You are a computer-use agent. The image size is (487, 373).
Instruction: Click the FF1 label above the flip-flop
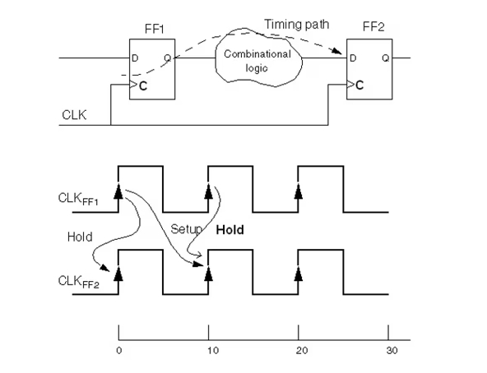point(154,29)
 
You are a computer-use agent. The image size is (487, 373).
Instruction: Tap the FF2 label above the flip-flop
point(373,27)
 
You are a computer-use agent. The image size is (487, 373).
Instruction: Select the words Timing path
point(296,25)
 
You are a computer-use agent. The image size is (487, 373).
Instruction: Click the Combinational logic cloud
point(258,58)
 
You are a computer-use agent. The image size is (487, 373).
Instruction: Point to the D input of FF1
point(135,58)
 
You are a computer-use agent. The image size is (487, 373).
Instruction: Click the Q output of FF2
point(386,58)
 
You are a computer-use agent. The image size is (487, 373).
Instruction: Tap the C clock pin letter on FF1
point(143,86)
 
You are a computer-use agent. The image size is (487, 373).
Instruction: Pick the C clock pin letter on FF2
point(359,85)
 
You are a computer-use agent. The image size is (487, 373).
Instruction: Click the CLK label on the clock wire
point(74,115)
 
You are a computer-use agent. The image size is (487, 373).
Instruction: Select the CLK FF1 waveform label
point(78,199)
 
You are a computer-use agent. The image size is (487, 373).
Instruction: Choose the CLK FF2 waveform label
point(78,282)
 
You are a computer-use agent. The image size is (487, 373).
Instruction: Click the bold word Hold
point(230,230)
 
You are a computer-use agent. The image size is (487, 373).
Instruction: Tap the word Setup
point(187,230)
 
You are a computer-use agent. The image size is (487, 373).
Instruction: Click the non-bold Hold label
point(80,237)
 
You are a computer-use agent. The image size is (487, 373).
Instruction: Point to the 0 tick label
point(119,351)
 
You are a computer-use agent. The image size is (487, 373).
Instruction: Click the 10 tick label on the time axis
point(213,351)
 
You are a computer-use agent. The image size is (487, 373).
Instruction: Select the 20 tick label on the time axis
point(302,351)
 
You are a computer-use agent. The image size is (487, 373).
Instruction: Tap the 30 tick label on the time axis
point(392,351)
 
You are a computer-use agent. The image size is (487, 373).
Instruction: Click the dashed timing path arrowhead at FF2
point(336,51)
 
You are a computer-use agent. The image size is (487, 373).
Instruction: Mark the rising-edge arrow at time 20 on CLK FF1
point(298,191)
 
